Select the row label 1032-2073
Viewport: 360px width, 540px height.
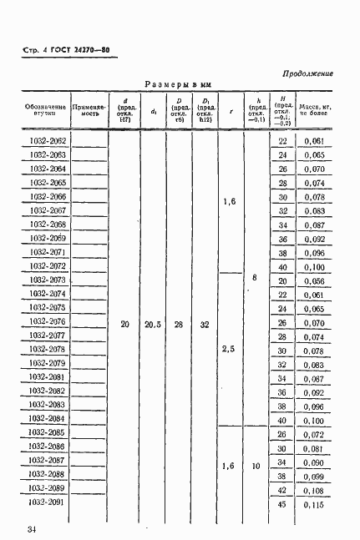point(48,280)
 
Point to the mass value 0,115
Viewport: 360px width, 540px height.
point(314,506)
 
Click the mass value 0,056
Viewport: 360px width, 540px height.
point(314,280)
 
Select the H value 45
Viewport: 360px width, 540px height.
point(282,505)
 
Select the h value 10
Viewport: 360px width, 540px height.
point(256,467)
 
